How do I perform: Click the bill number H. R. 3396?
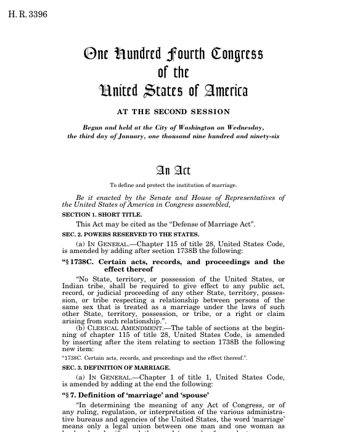coord(28,14)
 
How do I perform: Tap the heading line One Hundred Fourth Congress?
coord(173,54)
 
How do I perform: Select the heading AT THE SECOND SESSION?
coord(173,112)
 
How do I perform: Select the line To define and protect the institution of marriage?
coord(173,185)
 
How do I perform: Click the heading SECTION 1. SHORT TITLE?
coord(97,215)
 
